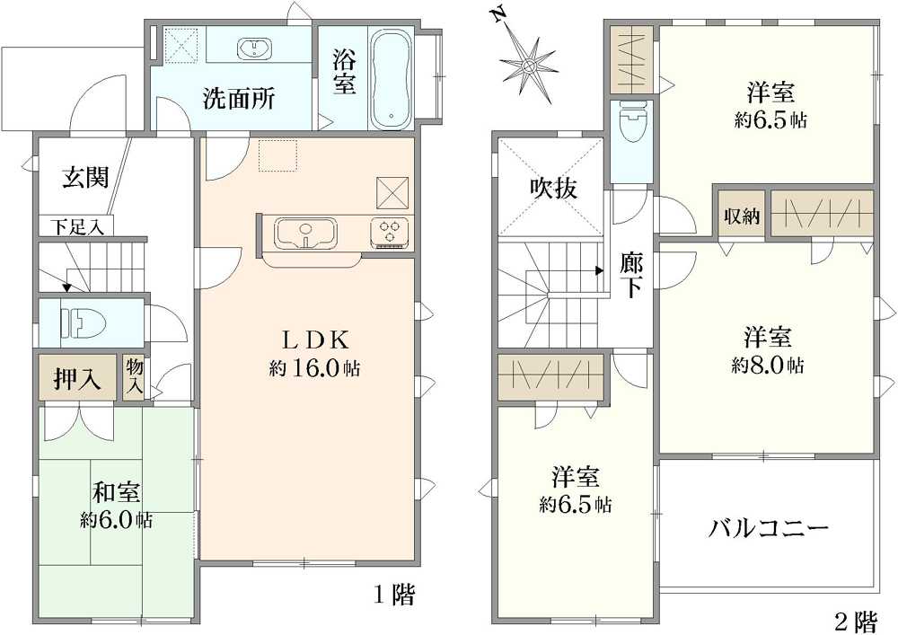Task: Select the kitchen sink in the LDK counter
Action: click(306, 233)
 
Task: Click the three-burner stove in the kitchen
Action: click(392, 233)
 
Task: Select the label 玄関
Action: click(86, 178)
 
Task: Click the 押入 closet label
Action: click(77, 378)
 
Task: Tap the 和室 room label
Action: click(117, 493)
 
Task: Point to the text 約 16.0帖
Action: click(315, 368)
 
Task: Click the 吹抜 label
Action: click(553, 187)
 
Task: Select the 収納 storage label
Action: click(742, 216)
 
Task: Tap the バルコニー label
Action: click(769, 528)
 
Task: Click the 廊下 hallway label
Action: click(631, 276)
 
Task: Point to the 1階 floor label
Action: click(394, 596)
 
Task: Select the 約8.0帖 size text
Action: click(768, 366)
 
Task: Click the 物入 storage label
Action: click(135, 376)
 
